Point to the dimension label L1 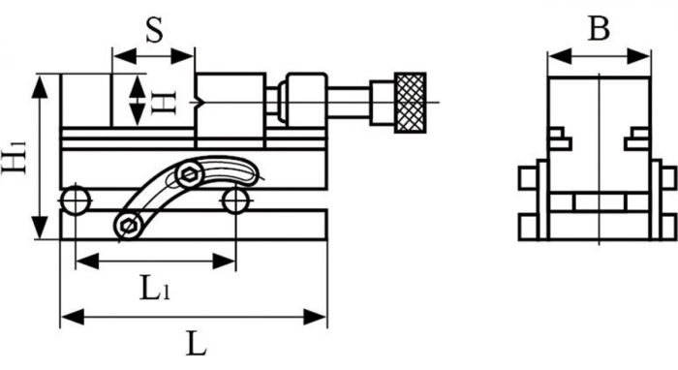coord(153,288)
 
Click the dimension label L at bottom coord(196,343)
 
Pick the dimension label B coord(599,30)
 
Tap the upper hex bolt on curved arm coord(189,176)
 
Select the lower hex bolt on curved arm coord(126,226)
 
